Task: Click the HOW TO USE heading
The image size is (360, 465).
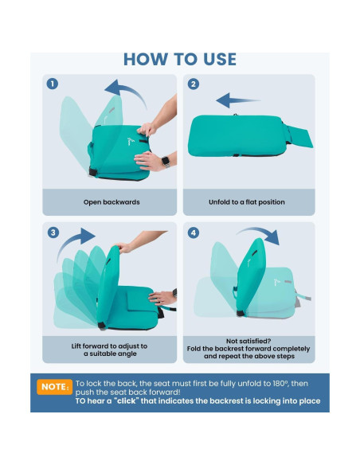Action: [180, 59]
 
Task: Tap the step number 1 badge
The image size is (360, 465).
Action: [53, 84]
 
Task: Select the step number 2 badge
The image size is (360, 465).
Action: [194, 84]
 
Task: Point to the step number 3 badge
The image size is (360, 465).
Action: [53, 232]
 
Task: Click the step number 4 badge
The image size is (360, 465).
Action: [194, 232]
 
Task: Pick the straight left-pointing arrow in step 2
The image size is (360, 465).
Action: [238, 100]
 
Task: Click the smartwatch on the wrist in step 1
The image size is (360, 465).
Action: [166, 162]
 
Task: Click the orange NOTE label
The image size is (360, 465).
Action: [55, 387]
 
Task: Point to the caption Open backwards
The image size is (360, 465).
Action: [112, 202]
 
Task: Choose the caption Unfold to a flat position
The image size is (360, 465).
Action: [247, 202]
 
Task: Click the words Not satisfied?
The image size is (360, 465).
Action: [248, 341]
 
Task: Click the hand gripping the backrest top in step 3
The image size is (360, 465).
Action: [123, 248]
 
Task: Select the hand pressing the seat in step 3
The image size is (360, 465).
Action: [162, 298]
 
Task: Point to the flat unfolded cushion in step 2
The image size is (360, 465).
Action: [250, 135]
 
